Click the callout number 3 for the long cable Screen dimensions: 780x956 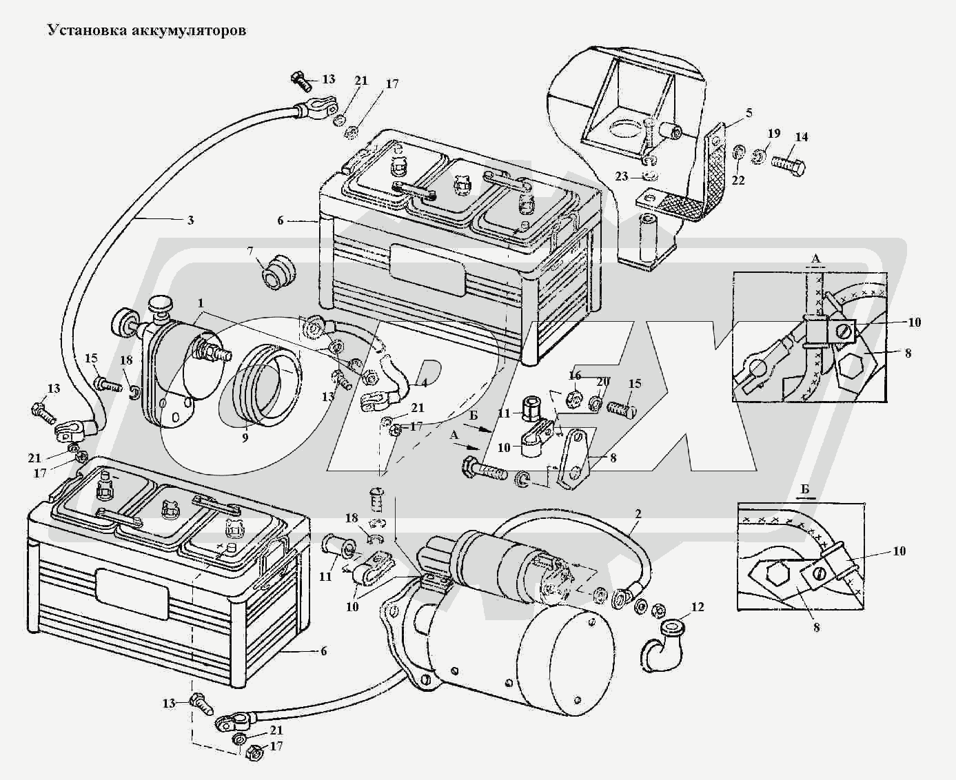pos(190,220)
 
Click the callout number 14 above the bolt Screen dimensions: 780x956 pos(800,136)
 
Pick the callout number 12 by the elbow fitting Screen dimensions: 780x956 pos(698,606)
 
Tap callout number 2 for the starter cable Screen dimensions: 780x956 pos(638,514)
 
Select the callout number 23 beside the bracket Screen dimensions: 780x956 pos(622,176)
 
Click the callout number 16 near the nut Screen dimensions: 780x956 pos(576,375)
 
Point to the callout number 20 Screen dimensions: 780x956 pos(602,382)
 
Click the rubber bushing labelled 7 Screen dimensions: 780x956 pos(276,271)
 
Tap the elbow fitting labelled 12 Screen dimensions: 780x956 pos(663,646)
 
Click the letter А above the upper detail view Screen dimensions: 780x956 pos(816,258)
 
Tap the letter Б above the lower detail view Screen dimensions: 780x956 pos(805,489)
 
